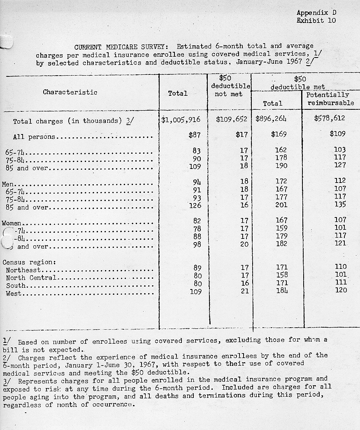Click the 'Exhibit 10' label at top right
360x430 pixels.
click(x=316, y=20)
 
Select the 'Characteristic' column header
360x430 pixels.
click(x=70, y=92)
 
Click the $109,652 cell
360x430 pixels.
click(x=229, y=120)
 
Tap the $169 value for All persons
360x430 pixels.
click(x=279, y=134)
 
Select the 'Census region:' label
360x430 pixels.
click(x=29, y=262)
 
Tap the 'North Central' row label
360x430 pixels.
click(x=31, y=278)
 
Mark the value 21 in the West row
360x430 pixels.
click(x=244, y=291)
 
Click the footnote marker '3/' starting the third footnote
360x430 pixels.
click(x=7, y=379)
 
